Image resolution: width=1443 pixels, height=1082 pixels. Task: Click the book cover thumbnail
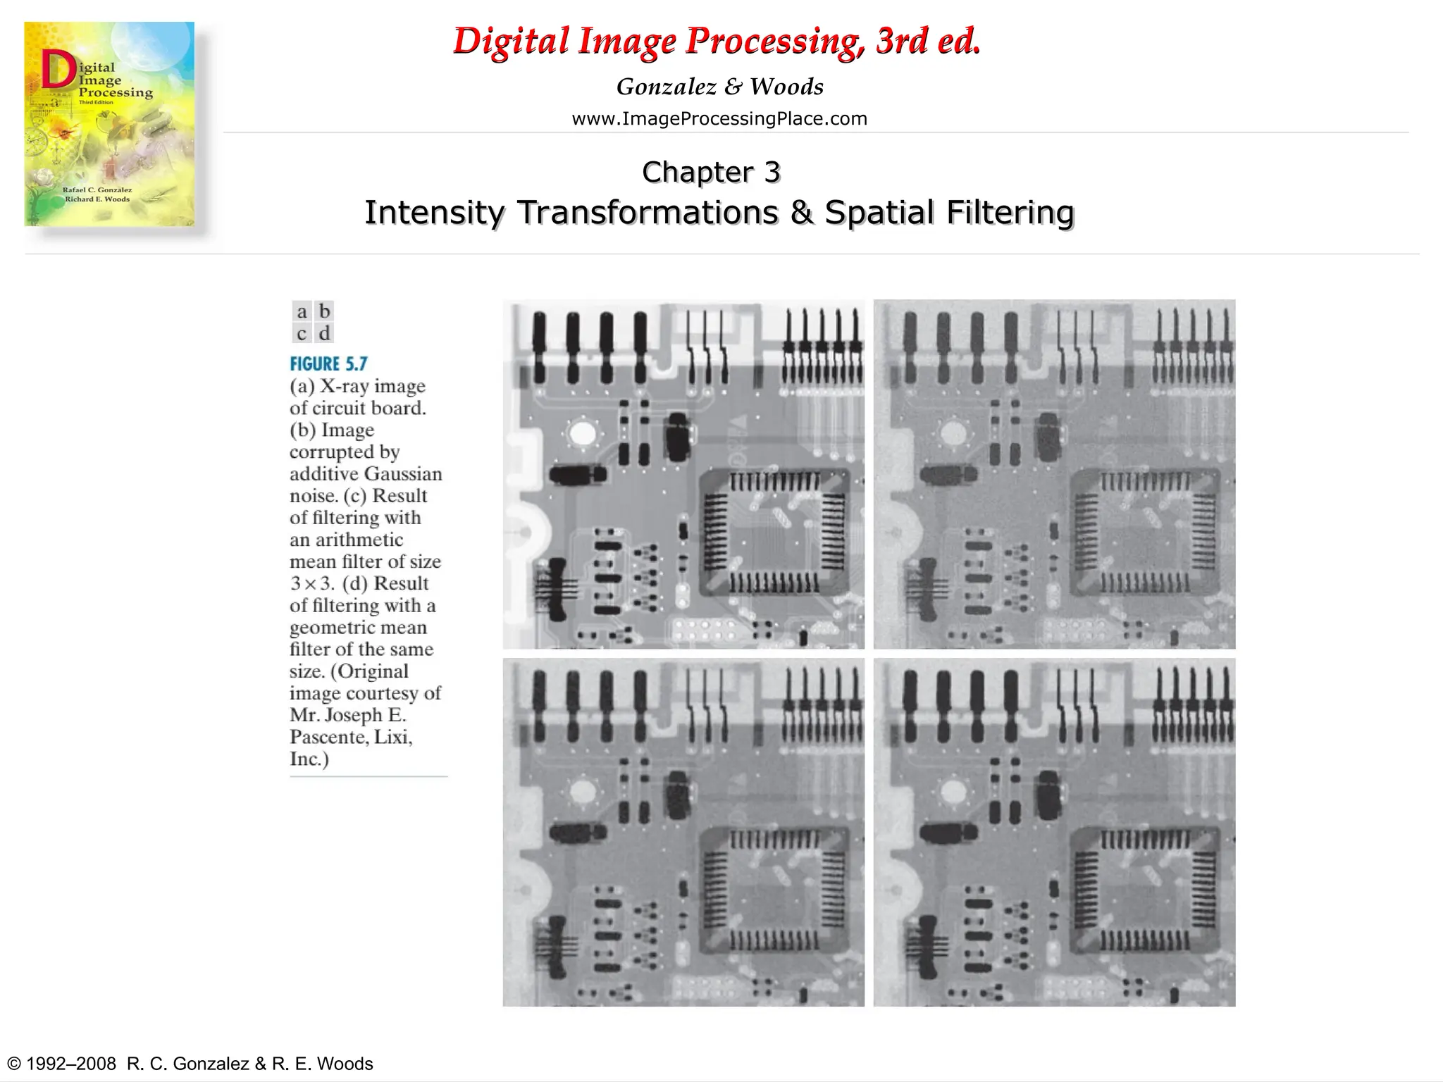[x=109, y=124]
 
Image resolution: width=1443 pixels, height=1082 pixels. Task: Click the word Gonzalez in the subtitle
[x=667, y=87]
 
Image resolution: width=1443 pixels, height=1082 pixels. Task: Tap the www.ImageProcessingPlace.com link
[x=719, y=118]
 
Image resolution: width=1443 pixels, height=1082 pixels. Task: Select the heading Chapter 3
[x=711, y=172]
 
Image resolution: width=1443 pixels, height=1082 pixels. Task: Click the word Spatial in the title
[x=880, y=212]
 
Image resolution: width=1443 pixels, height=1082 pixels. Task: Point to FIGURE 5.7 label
[x=328, y=363]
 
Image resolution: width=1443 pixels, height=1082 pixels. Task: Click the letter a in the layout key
[x=302, y=311]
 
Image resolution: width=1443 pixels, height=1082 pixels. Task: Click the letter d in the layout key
[x=324, y=332]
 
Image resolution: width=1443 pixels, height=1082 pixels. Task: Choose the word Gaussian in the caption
[x=404, y=473]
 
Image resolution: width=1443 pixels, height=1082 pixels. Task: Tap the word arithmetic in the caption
[x=346, y=540]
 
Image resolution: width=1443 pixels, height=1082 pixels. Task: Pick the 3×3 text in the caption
[x=312, y=583]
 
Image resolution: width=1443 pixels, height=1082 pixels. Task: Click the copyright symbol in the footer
[x=13, y=1064]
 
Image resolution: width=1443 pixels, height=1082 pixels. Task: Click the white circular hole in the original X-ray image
[x=582, y=433]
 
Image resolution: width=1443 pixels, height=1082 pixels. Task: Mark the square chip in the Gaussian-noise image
[x=1144, y=533]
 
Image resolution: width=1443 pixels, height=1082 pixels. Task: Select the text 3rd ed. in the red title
[x=928, y=41]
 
